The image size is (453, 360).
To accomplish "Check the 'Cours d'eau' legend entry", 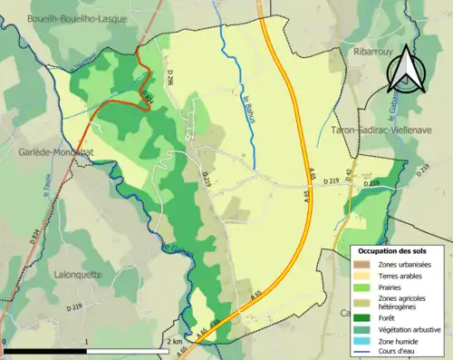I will tap(399, 353).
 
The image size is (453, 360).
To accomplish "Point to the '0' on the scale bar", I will tap(5, 342).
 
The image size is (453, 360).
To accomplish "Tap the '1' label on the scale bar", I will tap(86, 342).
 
